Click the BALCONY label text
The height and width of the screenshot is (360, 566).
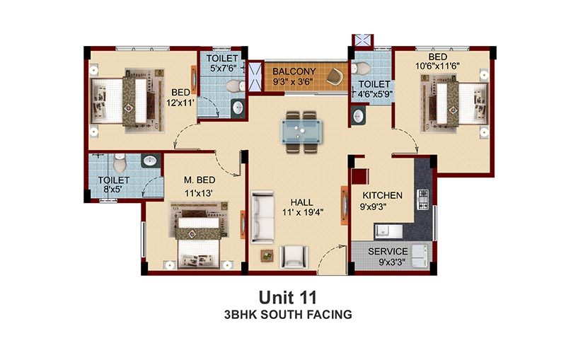[x=294, y=71]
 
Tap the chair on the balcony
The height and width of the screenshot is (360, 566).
[x=335, y=76]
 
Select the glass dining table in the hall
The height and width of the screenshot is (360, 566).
[x=302, y=132]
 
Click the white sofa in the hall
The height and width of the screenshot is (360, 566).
[x=262, y=217]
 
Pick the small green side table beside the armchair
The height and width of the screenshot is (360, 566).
[x=267, y=256]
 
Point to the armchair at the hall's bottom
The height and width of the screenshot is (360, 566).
[x=295, y=257]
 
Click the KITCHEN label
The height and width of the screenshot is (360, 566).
[x=382, y=195]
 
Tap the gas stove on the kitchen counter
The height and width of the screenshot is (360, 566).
[x=422, y=199]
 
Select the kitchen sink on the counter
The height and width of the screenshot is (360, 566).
[x=388, y=231]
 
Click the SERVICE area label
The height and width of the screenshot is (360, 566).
[x=388, y=251]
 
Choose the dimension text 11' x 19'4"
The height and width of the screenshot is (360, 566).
[x=303, y=212]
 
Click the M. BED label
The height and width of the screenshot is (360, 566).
[x=200, y=180]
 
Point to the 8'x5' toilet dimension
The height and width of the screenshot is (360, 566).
[x=112, y=190]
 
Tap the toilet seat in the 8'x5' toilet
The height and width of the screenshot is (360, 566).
[x=119, y=163]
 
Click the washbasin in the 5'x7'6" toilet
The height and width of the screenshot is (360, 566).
[x=238, y=107]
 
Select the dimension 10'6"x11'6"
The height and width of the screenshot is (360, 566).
[x=437, y=66]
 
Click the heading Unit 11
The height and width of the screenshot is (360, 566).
[x=288, y=298]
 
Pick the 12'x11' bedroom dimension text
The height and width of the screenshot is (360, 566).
[x=180, y=103]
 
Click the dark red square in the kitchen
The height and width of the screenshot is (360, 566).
[x=360, y=177]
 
